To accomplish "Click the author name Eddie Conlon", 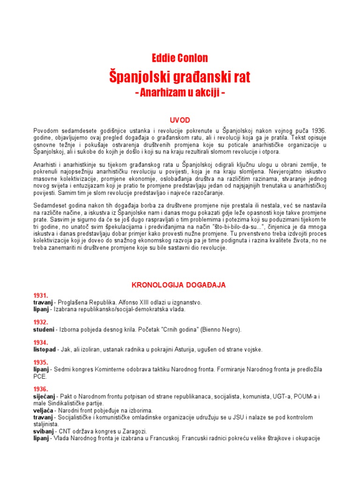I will (180, 58).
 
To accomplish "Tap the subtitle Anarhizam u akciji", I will (180, 93).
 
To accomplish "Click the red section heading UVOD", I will (180, 120).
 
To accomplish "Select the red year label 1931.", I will (40, 295).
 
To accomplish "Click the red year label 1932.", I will (40, 322).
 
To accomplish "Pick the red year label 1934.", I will (40, 342).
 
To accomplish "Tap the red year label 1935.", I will (40, 362).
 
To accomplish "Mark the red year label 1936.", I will (40, 389).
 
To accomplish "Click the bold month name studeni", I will (44, 330).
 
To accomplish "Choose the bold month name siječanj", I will (44, 397).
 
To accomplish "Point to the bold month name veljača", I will (43, 410).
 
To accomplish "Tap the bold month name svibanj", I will (44, 431).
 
